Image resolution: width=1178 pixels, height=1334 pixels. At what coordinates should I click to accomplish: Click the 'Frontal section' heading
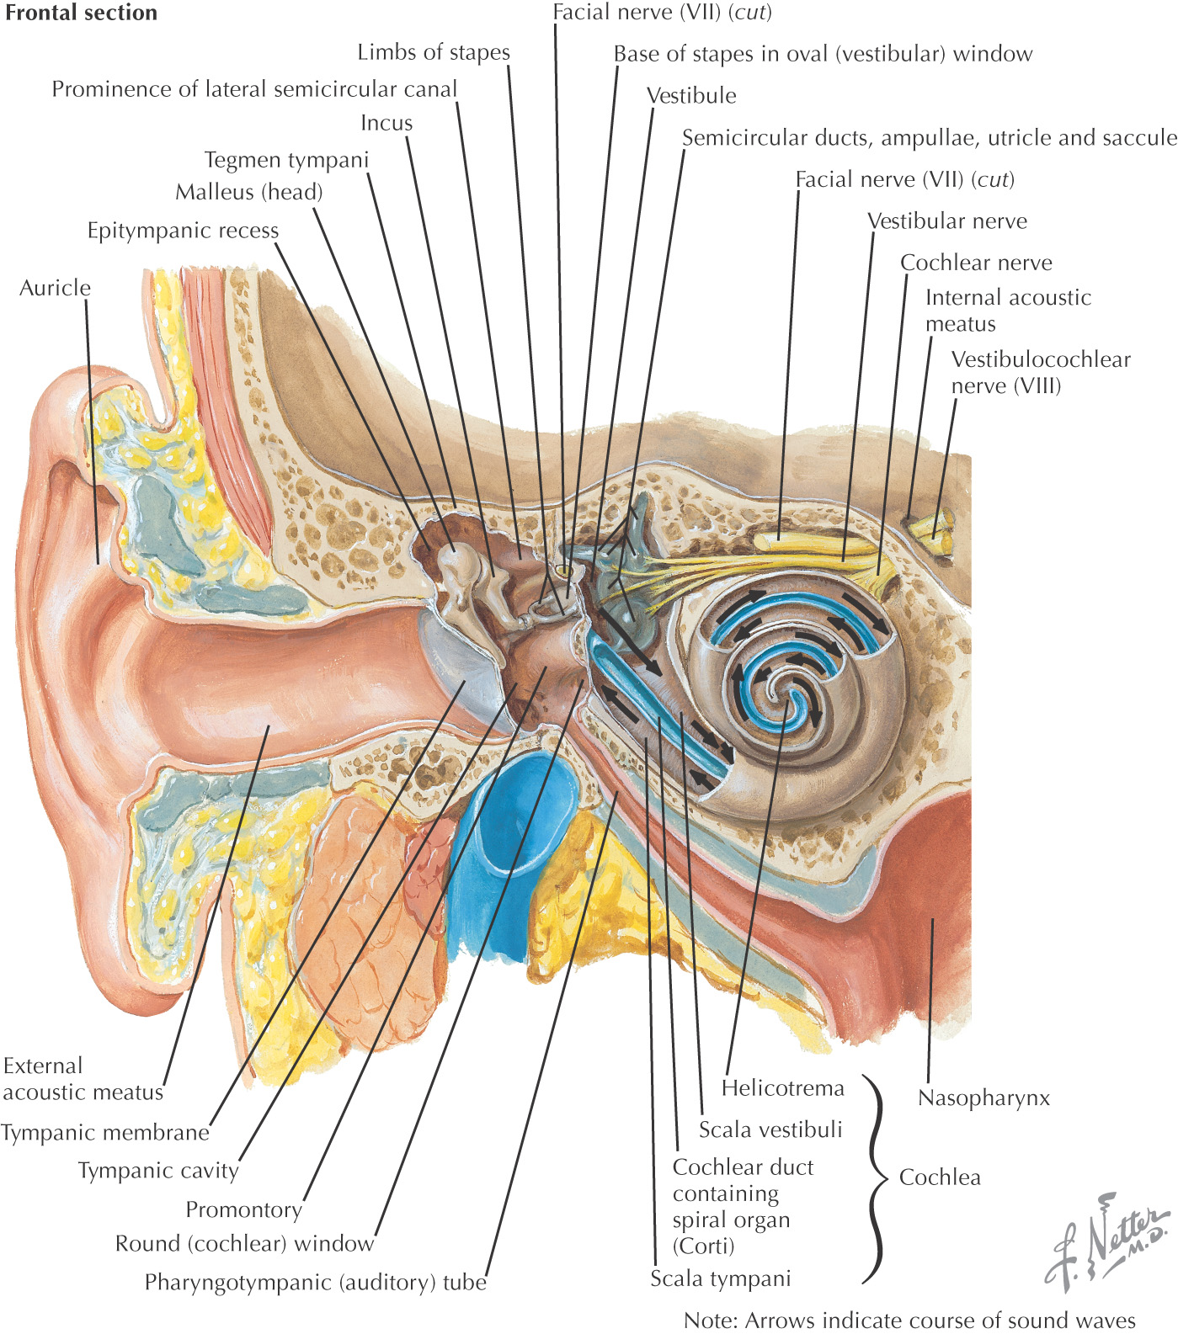tap(81, 13)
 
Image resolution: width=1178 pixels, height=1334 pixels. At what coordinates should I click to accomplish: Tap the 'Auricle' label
tap(55, 288)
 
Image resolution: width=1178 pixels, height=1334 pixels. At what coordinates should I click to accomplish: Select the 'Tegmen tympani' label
tap(286, 160)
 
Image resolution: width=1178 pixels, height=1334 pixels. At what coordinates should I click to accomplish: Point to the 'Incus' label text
tap(386, 123)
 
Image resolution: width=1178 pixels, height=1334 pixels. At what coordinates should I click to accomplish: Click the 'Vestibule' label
tap(691, 96)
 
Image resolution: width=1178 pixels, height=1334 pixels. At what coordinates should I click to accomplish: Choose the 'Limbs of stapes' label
tap(434, 52)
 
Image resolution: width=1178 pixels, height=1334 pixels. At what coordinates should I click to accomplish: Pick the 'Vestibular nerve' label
tap(947, 221)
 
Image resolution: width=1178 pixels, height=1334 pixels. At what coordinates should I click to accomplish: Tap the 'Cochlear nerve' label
tap(976, 263)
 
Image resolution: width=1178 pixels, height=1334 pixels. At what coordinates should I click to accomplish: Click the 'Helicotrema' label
tap(782, 1088)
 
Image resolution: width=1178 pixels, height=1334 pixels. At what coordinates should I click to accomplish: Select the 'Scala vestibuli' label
tap(770, 1129)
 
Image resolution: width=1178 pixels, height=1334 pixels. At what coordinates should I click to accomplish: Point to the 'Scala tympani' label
tap(721, 1278)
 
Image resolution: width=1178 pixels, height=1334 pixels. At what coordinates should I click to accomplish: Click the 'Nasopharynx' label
tap(983, 1098)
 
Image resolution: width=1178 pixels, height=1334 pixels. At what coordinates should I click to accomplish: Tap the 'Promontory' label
tap(243, 1209)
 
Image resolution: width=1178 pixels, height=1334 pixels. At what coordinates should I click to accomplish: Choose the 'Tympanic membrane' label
tap(105, 1133)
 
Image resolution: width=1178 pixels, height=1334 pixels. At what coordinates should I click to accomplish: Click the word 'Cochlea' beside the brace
tap(940, 1177)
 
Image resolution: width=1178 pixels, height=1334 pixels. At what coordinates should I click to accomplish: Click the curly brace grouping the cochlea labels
tap(876, 1178)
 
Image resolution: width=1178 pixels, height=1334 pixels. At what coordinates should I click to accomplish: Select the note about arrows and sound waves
tap(909, 1321)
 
